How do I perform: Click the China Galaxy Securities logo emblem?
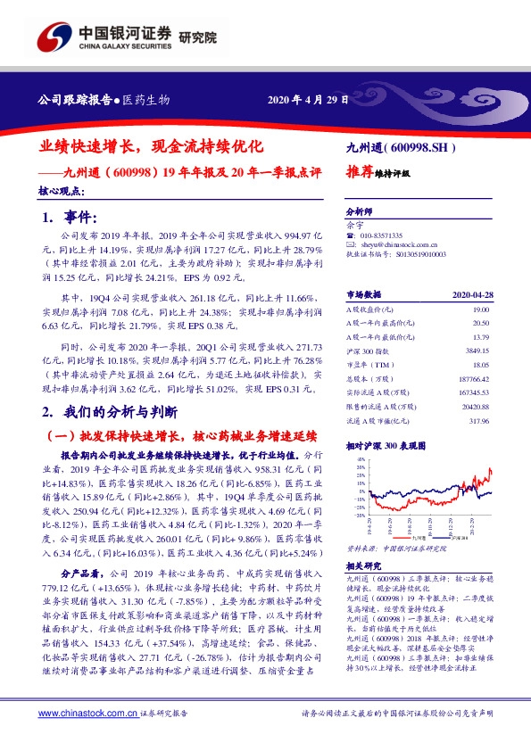point(54,37)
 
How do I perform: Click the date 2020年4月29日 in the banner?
point(308,99)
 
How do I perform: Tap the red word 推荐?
point(360,173)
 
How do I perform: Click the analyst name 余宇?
point(353,224)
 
